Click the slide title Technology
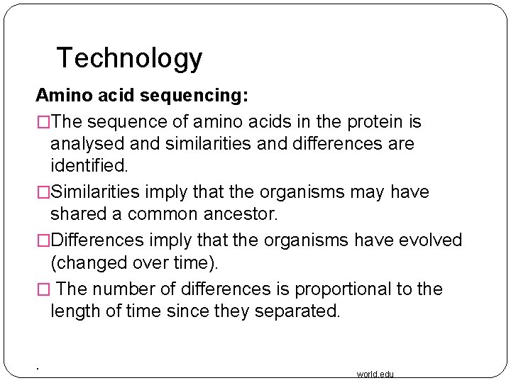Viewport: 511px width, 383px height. [x=129, y=57]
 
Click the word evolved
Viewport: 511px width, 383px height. [x=430, y=240]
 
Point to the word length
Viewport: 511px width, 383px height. [x=74, y=311]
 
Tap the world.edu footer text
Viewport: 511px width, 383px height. [x=375, y=374]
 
